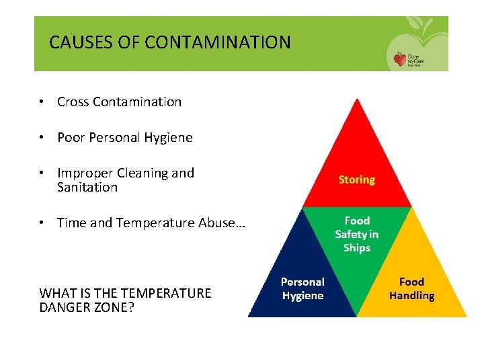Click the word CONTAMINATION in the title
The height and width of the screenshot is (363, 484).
point(218,43)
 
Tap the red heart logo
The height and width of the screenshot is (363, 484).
point(401,60)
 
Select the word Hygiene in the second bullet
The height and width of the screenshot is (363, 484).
point(170,138)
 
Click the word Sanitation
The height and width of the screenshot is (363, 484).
point(87,188)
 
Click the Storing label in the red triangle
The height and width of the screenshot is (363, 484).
point(357,179)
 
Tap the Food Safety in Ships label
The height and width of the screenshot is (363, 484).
point(357,234)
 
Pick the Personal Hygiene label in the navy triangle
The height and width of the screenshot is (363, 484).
point(302,288)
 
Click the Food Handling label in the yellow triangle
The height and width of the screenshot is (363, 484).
point(412,288)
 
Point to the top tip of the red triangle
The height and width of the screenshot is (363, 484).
point(357,99)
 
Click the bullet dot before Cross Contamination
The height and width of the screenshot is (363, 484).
point(42,102)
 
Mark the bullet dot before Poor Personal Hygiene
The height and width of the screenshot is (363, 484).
point(42,138)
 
